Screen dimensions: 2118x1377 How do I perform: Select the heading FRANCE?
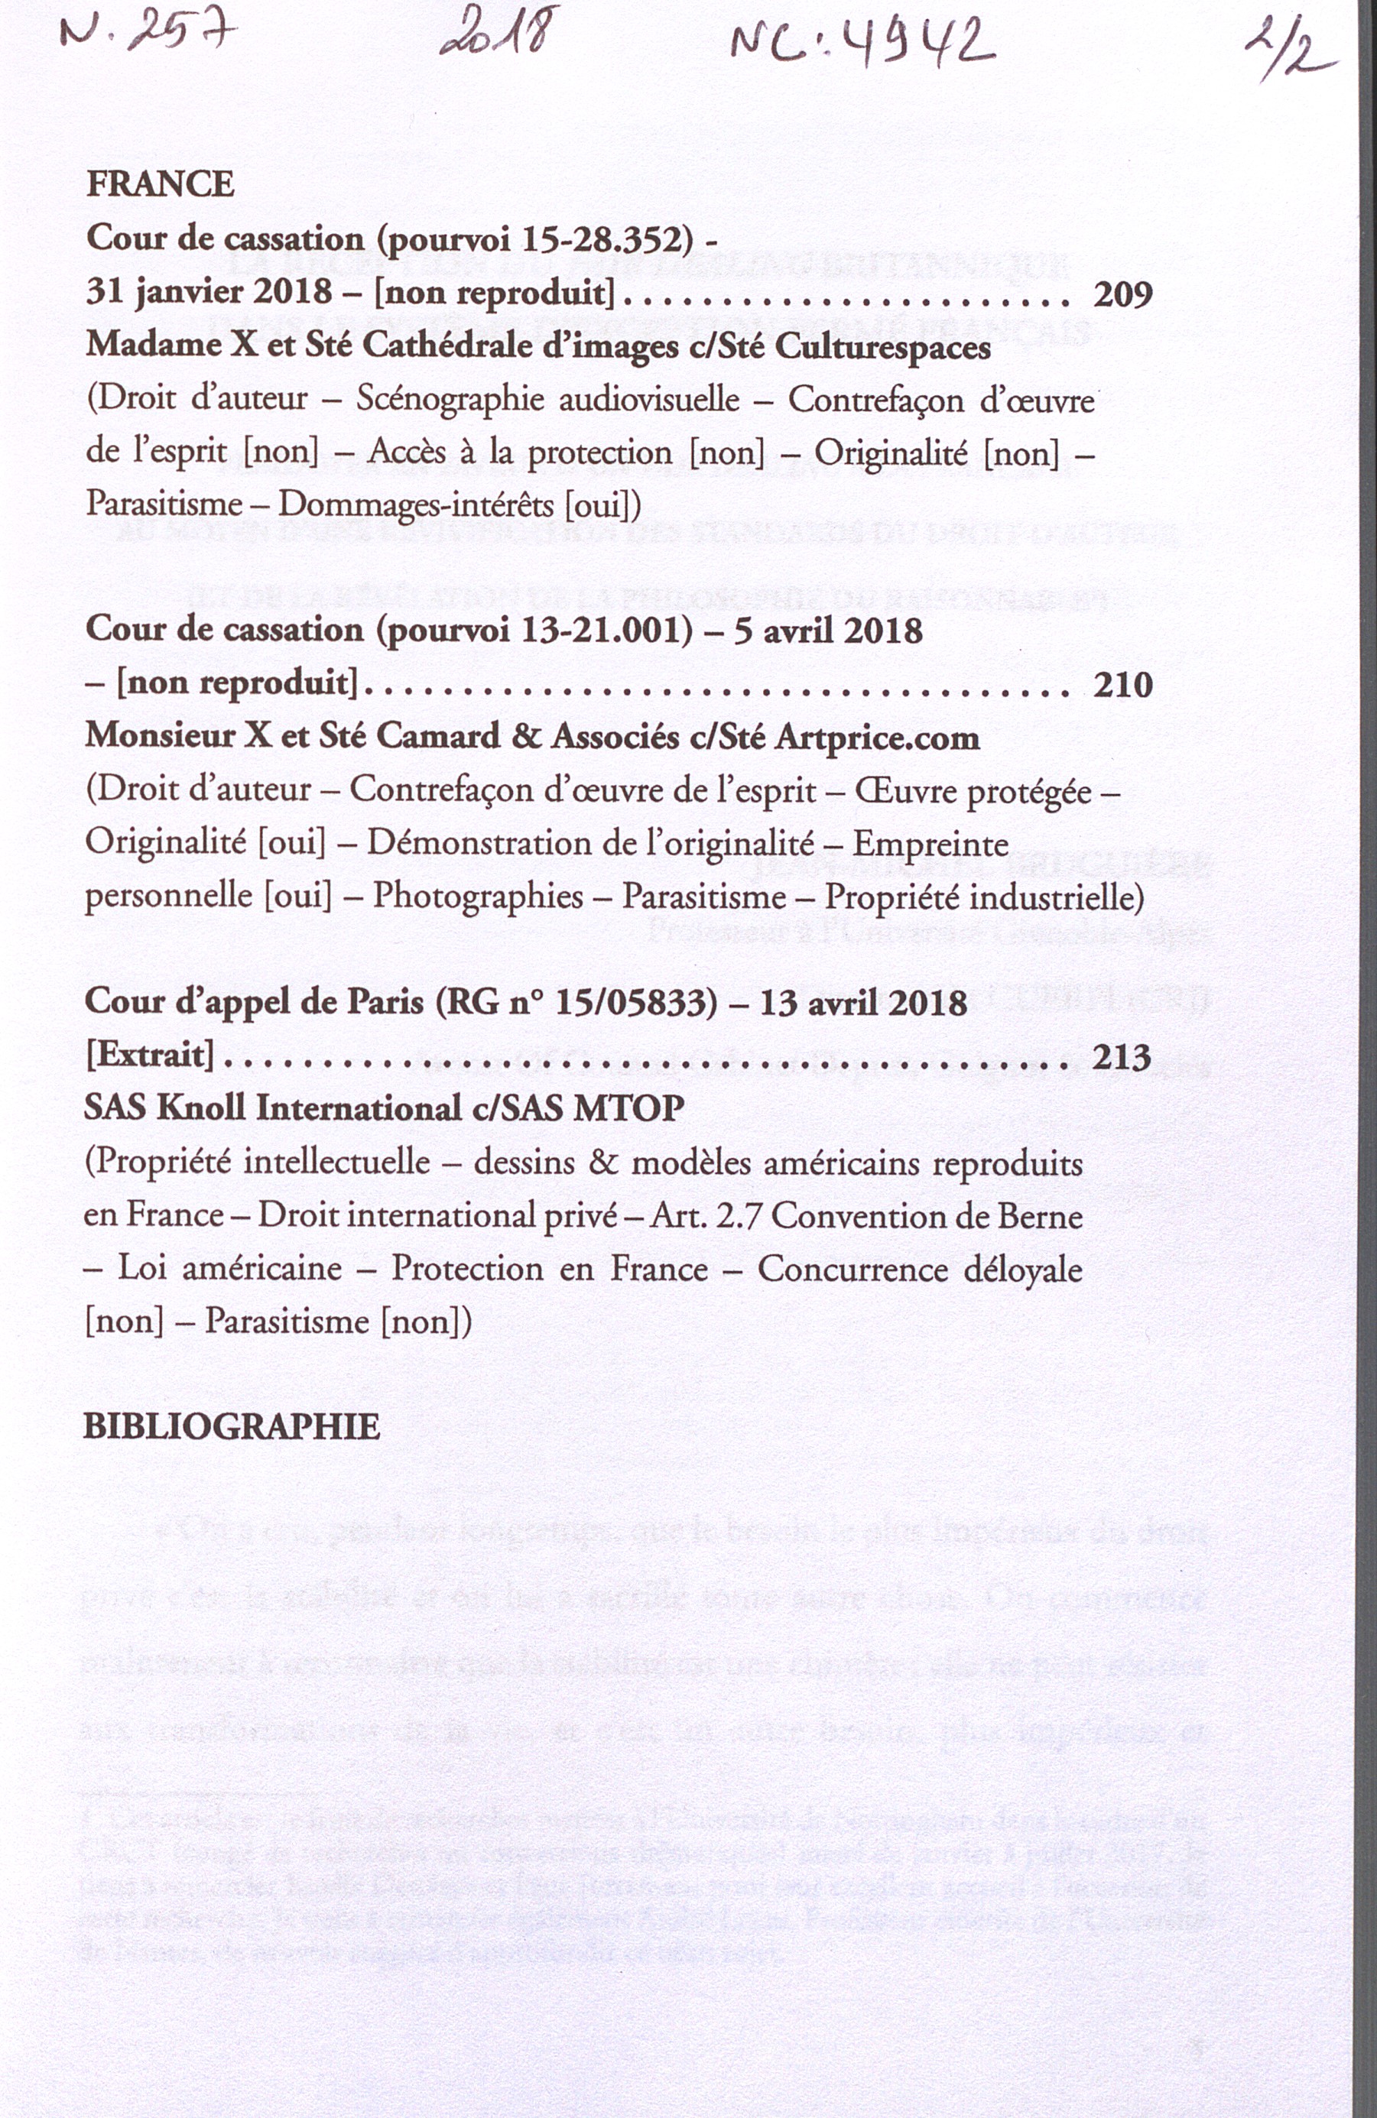pyautogui.click(x=161, y=184)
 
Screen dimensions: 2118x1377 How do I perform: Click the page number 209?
pyautogui.click(x=1122, y=294)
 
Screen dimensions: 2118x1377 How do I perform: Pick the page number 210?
pyautogui.click(x=1122, y=684)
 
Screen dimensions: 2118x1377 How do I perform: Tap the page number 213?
pyautogui.click(x=1122, y=1056)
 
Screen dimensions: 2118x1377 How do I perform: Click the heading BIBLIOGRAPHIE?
pyautogui.click(x=232, y=1426)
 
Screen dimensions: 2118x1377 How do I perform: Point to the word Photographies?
pyautogui.click(x=478, y=895)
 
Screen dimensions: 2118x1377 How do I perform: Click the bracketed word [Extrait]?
pyautogui.click(x=150, y=1056)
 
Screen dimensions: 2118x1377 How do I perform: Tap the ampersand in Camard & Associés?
pyautogui.click(x=528, y=737)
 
